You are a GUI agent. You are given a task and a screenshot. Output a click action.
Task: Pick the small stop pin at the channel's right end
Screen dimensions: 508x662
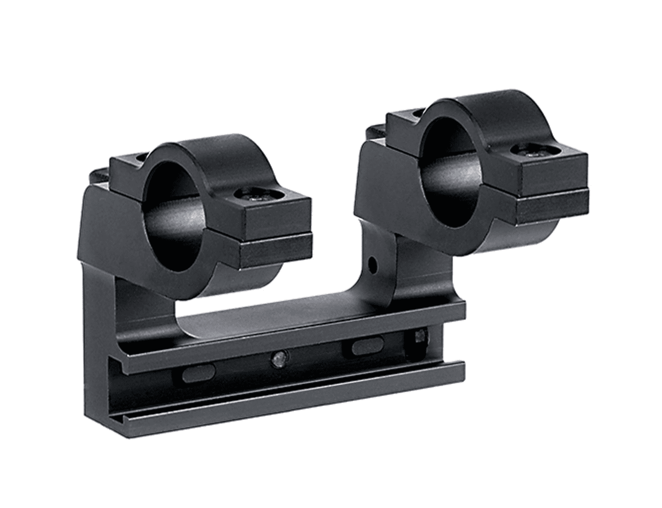(x=421, y=337)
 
